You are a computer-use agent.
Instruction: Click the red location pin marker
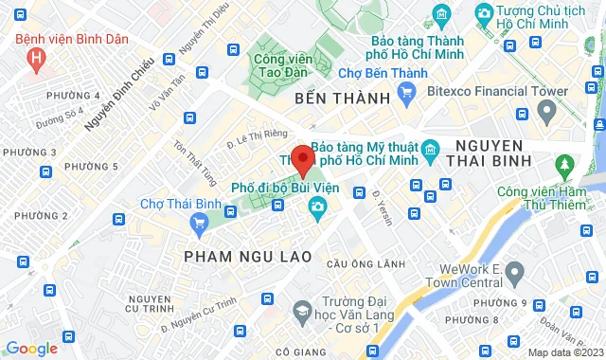tap(302, 159)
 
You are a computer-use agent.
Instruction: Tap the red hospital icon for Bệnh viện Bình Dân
tap(37, 59)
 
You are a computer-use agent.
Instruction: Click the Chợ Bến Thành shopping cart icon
tap(408, 92)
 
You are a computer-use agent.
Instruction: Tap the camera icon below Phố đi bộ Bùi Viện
tap(315, 207)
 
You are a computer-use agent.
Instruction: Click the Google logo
tap(32, 349)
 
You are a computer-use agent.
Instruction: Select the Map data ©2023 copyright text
tap(566, 352)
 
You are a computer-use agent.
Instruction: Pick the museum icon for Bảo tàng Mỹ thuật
tap(429, 149)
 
